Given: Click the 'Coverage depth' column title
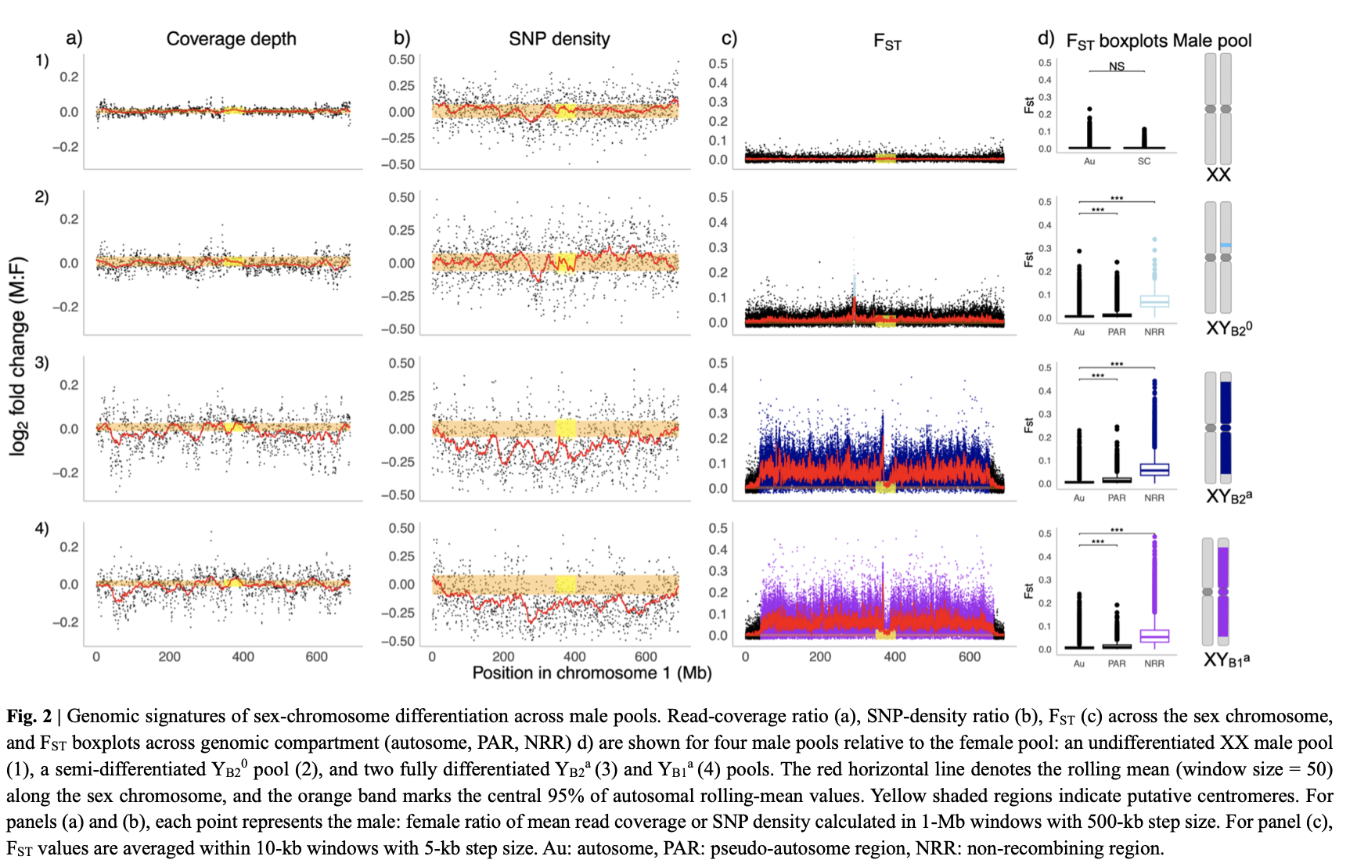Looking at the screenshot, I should click(x=231, y=39).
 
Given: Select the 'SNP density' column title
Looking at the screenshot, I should click(x=559, y=39).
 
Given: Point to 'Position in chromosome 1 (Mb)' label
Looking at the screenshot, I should click(x=592, y=673).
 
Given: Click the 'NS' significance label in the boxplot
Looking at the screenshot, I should click(x=1117, y=67).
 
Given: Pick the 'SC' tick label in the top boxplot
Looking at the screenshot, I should click(x=1144, y=161).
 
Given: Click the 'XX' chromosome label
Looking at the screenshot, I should click(x=1218, y=174).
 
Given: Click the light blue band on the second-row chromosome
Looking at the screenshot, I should click(x=1226, y=246).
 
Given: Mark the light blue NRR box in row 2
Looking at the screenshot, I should click(x=1154, y=301).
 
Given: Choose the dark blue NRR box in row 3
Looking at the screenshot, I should click(x=1154, y=469).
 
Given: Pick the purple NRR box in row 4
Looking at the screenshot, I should click(x=1154, y=636).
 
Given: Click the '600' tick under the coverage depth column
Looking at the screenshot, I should click(x=316, y=657).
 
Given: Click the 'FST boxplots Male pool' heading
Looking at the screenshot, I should click(x=1158, y=41).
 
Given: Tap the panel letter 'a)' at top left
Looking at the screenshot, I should click(x=74, y=38).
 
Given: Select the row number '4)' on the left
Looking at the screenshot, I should click(x=41, y=528).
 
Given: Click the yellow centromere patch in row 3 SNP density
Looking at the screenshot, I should click(x=566, y=428).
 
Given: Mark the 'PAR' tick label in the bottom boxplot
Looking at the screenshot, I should click(x=1117, y=664).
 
